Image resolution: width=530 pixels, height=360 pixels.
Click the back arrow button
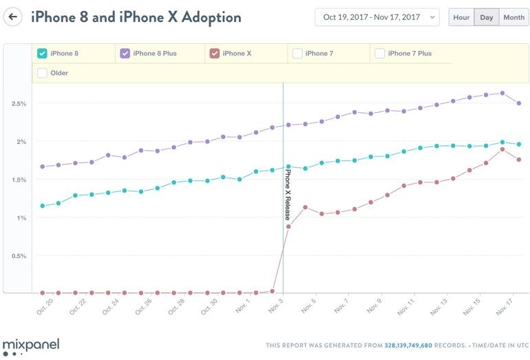14,17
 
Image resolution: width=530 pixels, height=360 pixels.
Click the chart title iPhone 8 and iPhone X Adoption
136,17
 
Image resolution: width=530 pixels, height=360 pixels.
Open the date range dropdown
377,17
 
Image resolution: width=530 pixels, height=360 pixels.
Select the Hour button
461,17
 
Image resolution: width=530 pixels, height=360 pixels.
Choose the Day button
486,17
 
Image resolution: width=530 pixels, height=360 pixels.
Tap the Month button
513,17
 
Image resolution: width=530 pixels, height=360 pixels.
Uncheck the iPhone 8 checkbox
42,53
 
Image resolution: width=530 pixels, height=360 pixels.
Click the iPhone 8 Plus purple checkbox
125,53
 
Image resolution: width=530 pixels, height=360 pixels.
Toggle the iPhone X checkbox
214,53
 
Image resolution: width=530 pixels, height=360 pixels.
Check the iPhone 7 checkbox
297,53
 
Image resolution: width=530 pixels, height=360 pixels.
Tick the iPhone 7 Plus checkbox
379,53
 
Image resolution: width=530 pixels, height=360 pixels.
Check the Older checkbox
42,73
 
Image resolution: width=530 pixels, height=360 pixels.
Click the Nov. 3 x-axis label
275,306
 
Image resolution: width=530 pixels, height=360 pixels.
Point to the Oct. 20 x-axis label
45,306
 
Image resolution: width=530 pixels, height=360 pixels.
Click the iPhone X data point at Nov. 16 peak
502,149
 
